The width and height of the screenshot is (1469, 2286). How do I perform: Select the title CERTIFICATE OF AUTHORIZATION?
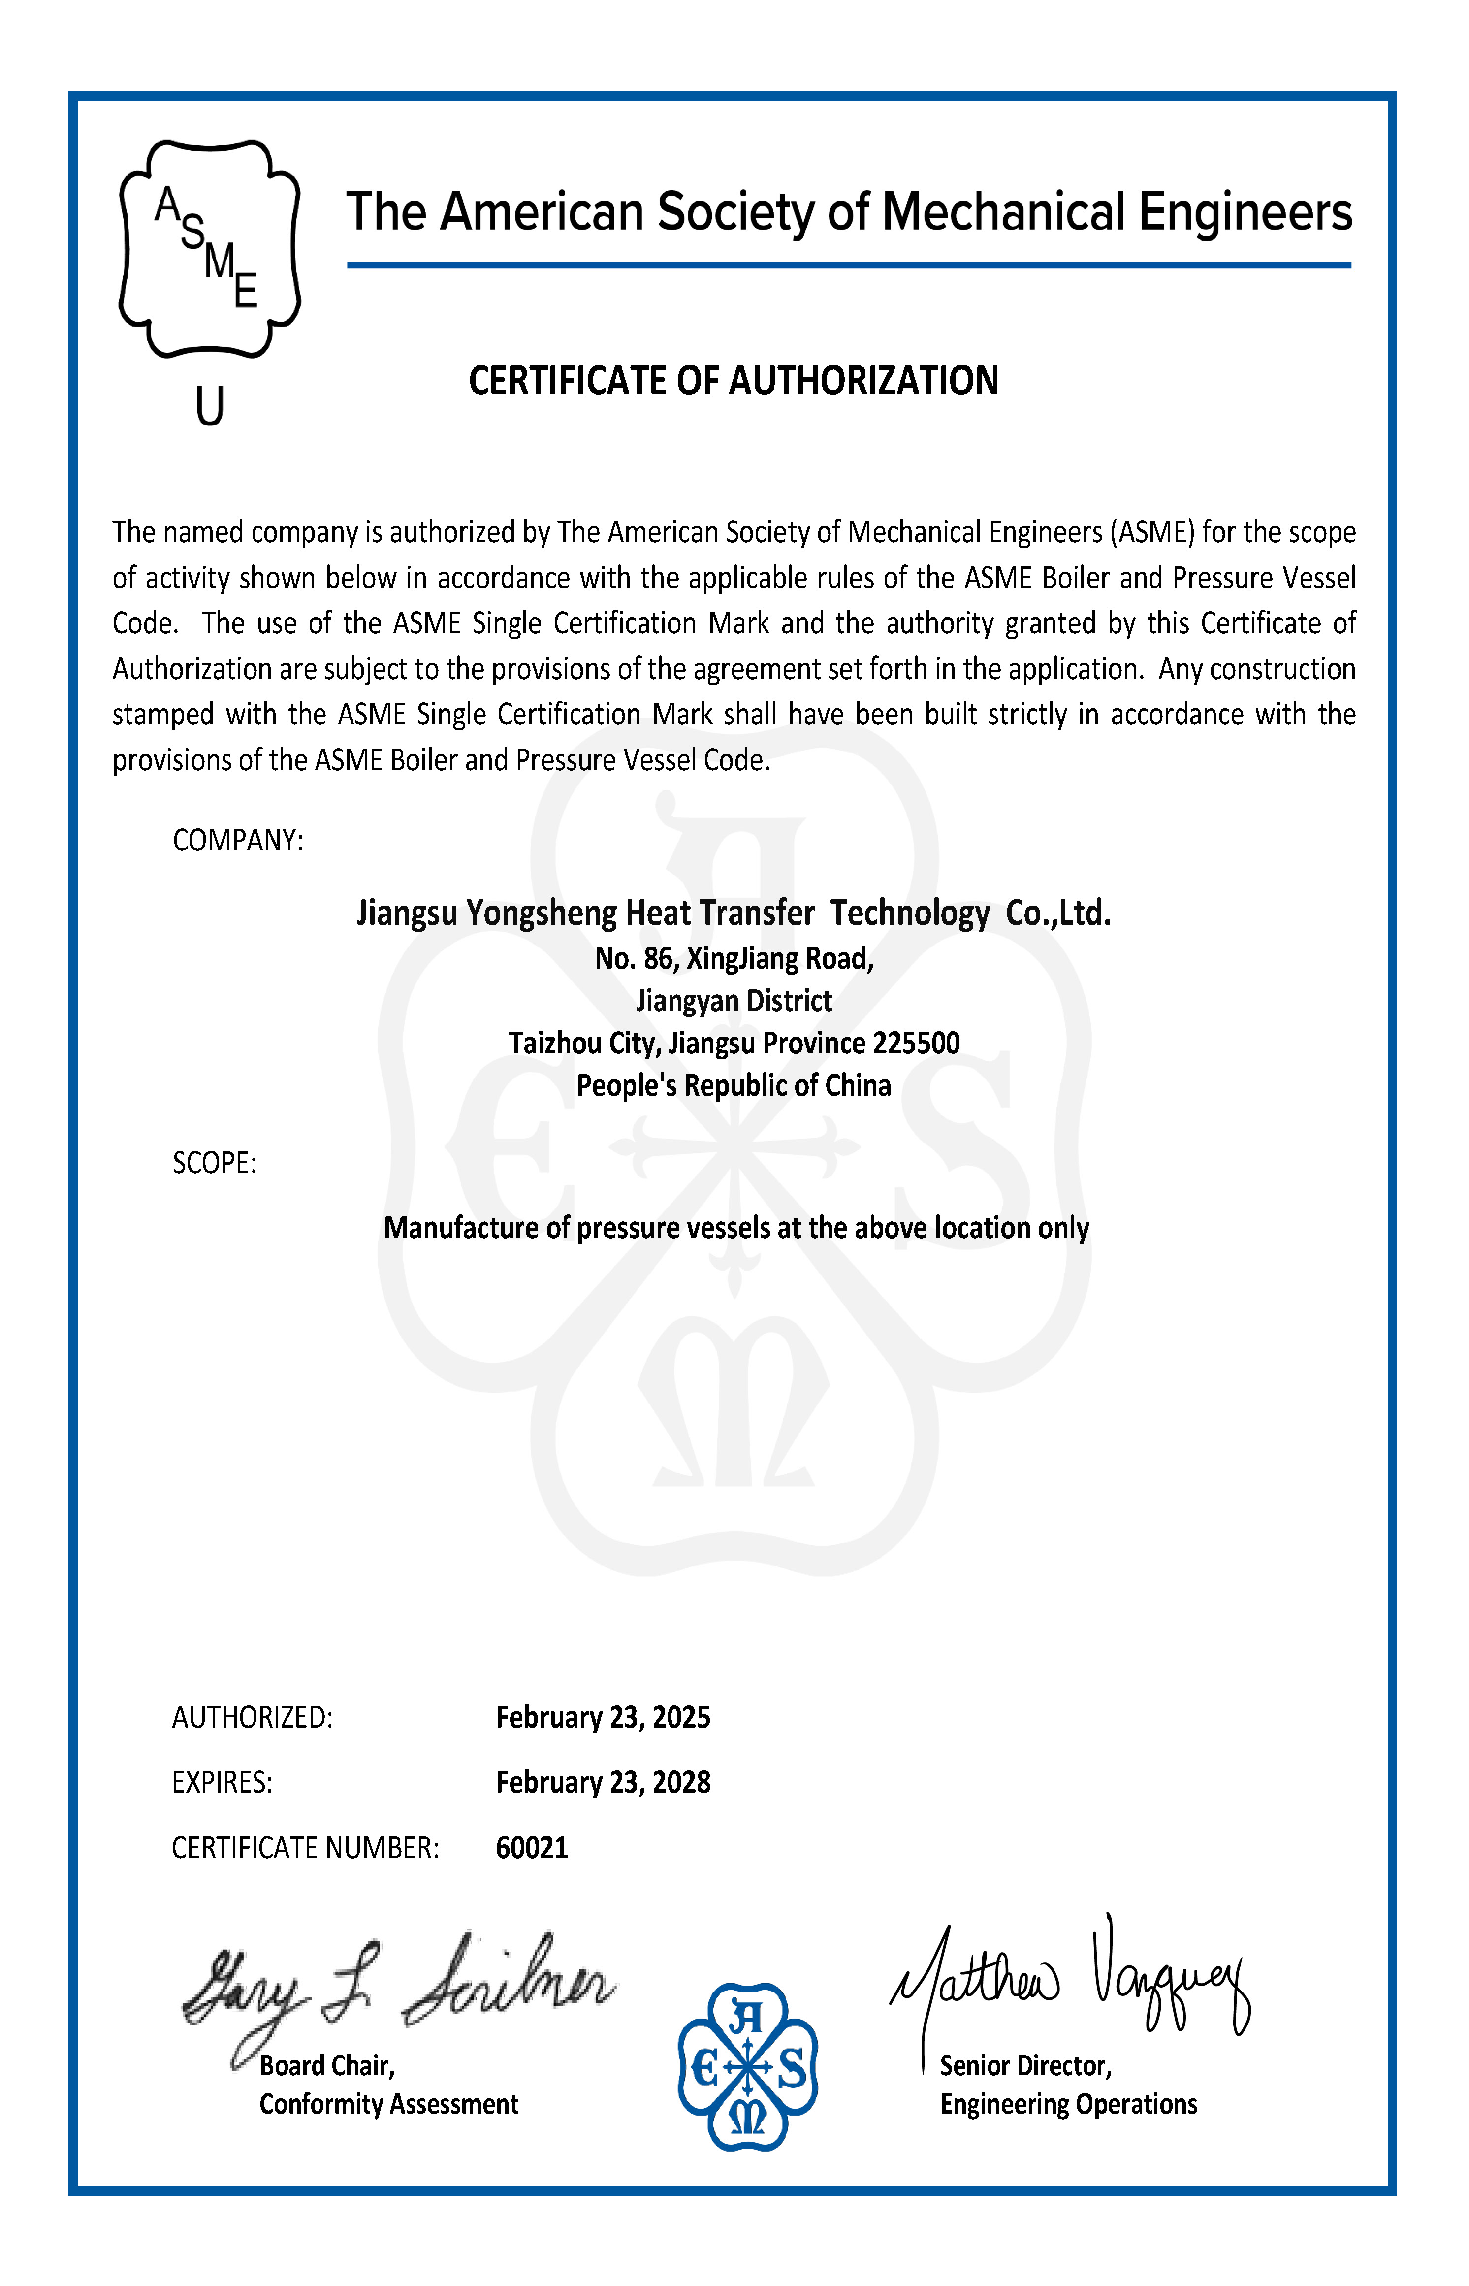point(734,381)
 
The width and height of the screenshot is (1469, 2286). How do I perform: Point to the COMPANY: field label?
point(237,841)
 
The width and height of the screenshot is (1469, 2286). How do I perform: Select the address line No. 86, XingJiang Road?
point(734,958)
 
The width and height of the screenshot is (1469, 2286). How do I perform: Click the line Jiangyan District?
point(734,1001)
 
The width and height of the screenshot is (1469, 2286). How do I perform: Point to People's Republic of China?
point(734,1086)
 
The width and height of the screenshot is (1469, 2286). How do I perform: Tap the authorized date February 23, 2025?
point(603,1717)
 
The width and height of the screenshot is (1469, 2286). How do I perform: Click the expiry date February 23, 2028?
point(603,1782)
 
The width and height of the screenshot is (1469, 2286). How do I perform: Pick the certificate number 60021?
point(531,1848)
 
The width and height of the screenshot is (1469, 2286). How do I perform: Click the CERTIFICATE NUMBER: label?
point(305,1848)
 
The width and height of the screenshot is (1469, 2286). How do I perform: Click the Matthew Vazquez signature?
point(1068,1980)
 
